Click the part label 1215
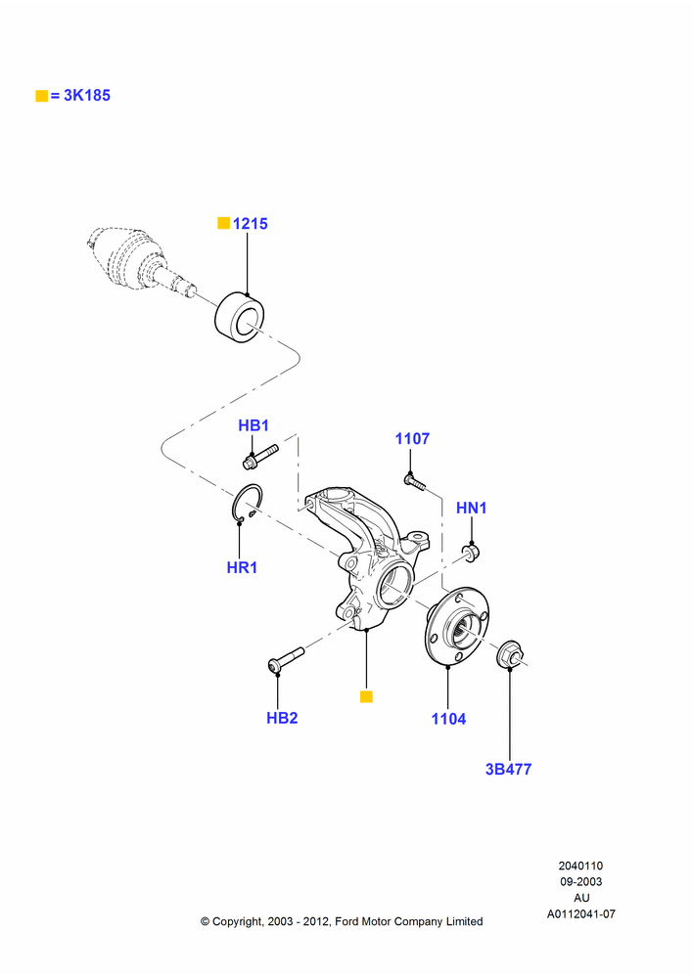250,223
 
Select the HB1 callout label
254,425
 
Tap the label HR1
242,567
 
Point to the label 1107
412,438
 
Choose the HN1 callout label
472,508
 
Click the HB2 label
282,718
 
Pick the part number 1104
448,719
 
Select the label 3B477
508,769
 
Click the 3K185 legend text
87,96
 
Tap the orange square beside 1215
223,223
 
